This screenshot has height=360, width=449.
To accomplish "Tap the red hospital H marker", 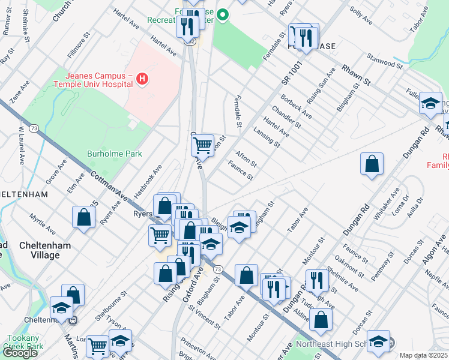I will coord(142,79).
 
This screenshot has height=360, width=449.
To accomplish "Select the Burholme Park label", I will coord(115,154).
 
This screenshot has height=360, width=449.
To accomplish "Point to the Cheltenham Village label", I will coord(44,250).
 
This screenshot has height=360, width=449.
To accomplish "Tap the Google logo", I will coord(20,353).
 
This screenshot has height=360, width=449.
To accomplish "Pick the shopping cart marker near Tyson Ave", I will coord(98,345).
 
